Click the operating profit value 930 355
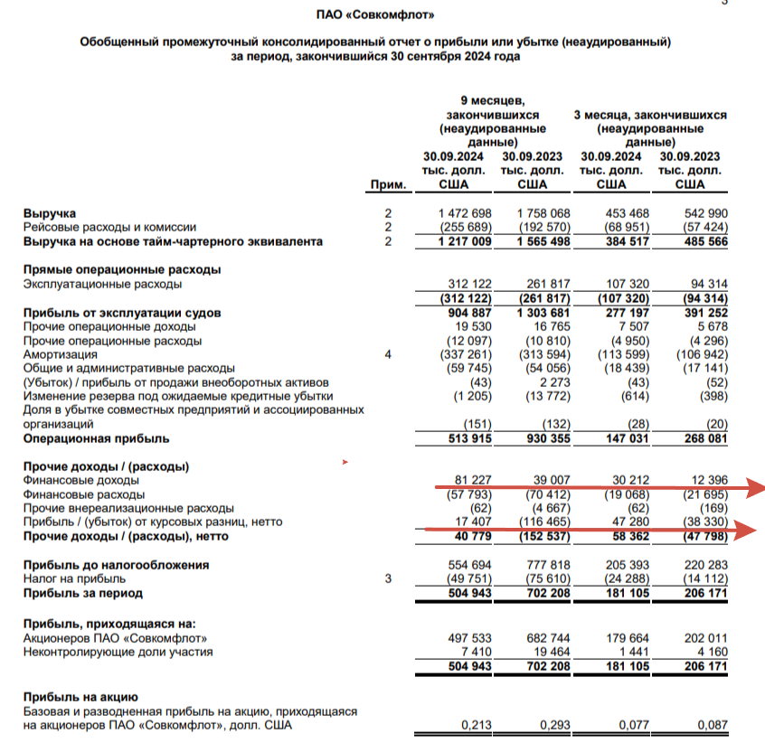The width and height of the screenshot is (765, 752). click(539, 438)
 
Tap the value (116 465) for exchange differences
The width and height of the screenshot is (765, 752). click(539, 522)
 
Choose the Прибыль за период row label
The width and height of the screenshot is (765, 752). click(82, 593)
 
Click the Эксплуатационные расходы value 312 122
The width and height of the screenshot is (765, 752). click(466, 284)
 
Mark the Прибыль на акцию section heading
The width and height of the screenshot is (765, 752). click(80, 697)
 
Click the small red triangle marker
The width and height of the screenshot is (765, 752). click(344, 463)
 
